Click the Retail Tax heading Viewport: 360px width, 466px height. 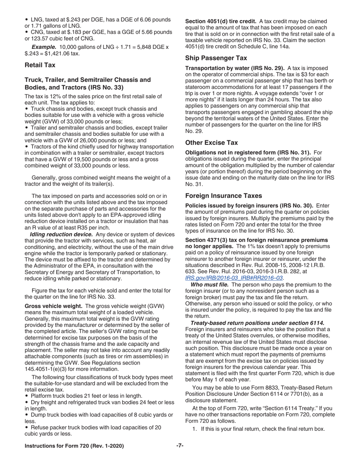point(40,65)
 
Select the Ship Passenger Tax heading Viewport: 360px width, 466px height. point(216,58)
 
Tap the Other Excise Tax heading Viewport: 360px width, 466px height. point(211,143)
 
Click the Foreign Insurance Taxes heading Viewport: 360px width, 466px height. point(224,196)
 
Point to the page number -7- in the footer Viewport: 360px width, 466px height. point(180,446)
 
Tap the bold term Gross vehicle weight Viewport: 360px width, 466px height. point(53,306)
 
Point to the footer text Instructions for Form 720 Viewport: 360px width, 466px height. point(74,446)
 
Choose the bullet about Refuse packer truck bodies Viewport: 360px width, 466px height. point(27,427)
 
